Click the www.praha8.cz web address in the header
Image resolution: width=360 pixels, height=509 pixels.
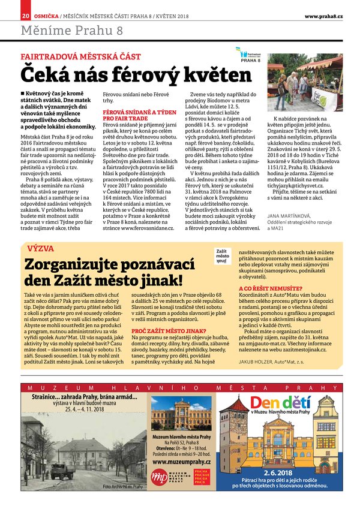pyautogui.click(x=323, y=15)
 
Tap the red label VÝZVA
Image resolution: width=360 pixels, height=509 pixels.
pyautogui.click(x=40, y=248)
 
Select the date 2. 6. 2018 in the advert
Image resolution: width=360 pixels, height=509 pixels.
pyautogui.click(x=285, y=471)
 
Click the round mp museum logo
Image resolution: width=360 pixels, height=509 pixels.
pyautogui.click(x=159, y=477)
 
